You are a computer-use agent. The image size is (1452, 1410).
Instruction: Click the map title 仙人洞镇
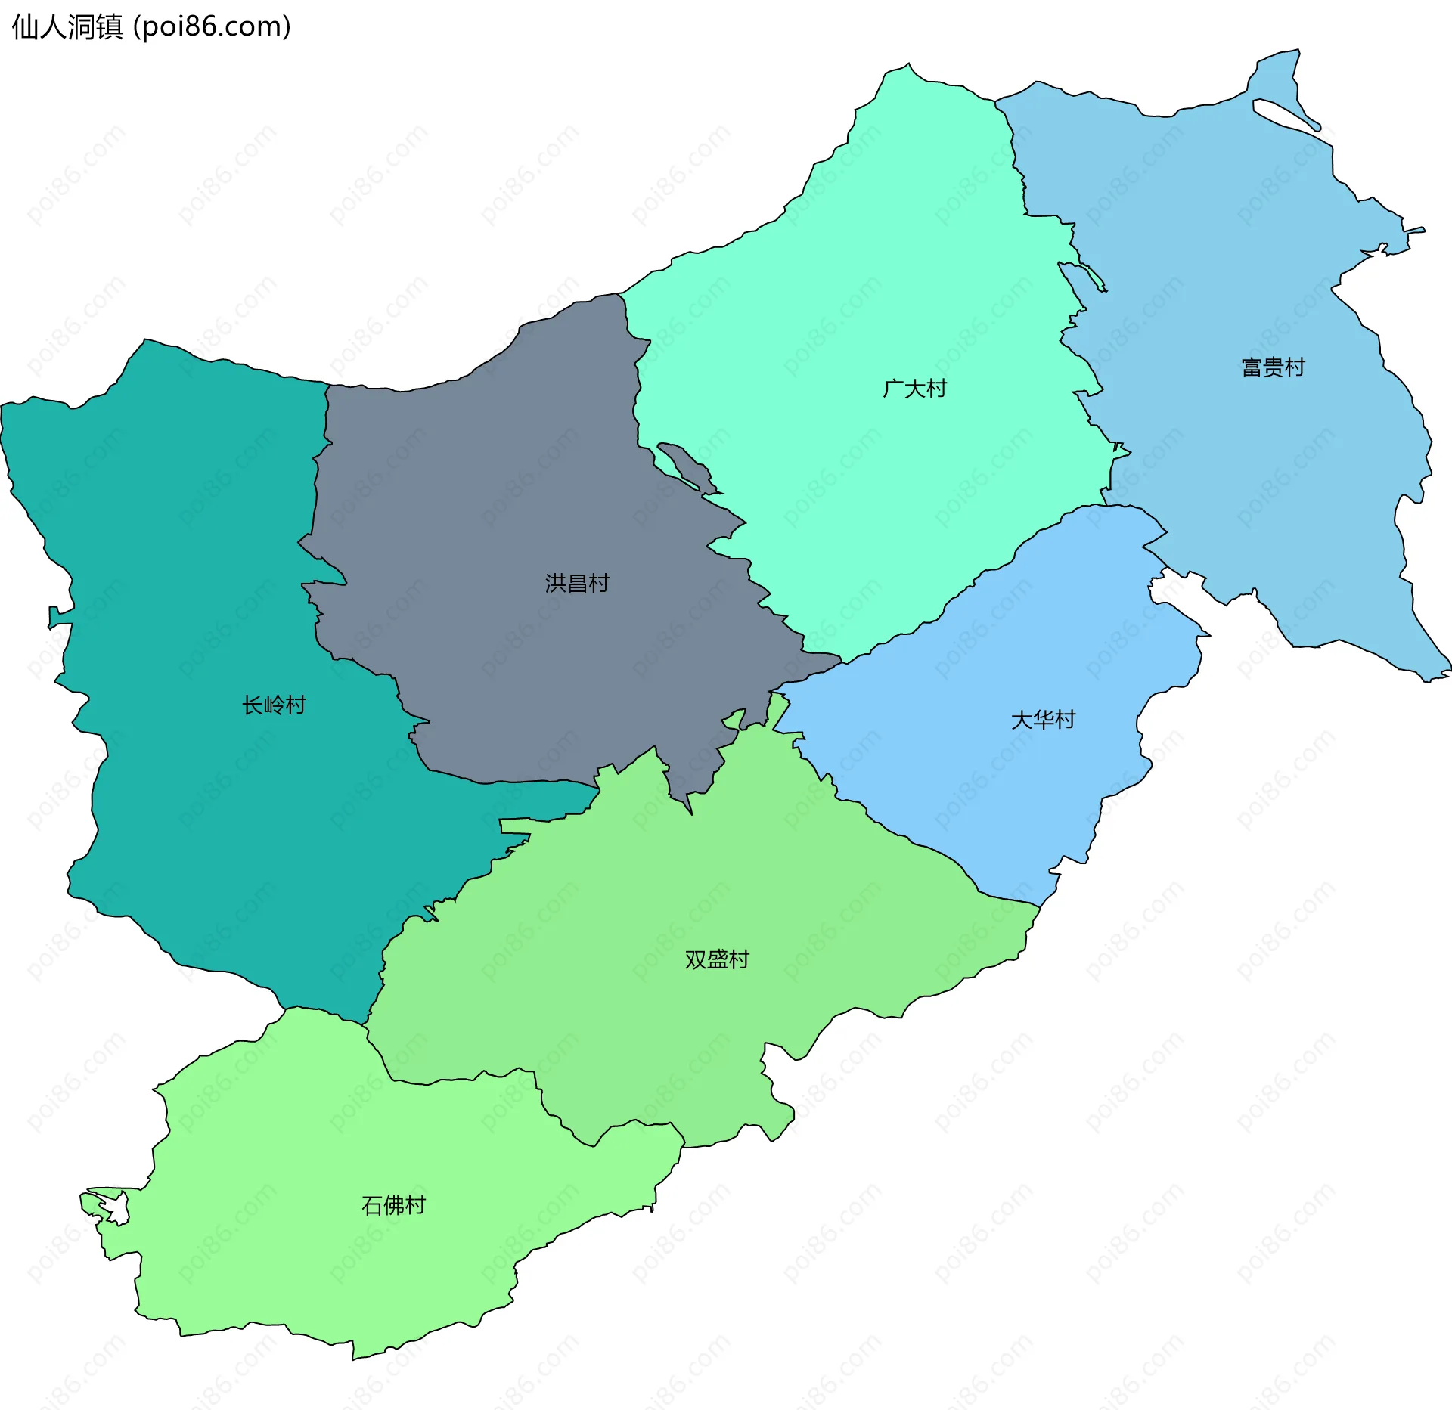pos(67,27)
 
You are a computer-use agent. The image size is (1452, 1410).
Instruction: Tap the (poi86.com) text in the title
pos(212,27)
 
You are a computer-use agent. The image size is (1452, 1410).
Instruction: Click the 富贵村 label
pos(1273,367)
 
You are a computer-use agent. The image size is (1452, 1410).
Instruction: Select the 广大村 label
pos(914,389)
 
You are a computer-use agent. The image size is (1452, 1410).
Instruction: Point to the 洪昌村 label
pos(577,583)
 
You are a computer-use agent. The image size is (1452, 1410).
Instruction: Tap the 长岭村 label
pos(274,705)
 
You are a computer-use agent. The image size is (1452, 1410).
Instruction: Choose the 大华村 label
pos(1043,719)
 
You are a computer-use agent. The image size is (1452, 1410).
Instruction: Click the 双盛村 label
pos(716,959)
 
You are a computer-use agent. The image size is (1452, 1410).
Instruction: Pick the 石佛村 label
pos(393,1204)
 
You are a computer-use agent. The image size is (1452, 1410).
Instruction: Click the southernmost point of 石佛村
pos(353,1357)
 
